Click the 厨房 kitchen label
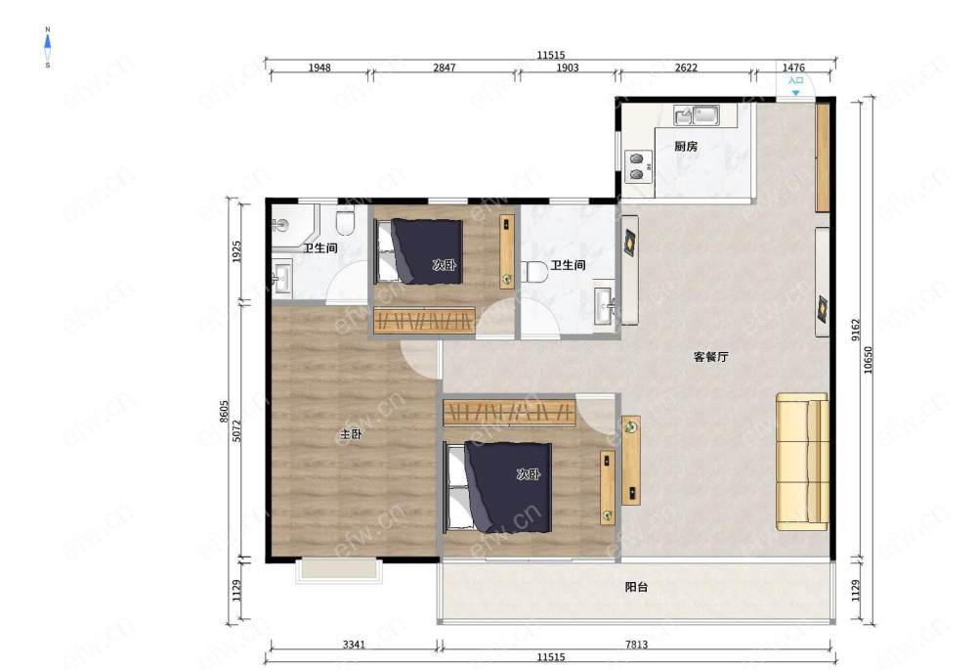[686, 147]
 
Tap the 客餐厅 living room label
[711, 357]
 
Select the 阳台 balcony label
[636, 587]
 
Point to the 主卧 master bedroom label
[351, 434]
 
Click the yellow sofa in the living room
[802, 462]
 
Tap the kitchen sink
[697, 114]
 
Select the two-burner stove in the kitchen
[637, 166]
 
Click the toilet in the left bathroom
[345, 222]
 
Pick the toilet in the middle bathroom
[534, 272]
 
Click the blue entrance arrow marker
[795, 93]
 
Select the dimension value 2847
[445, 67]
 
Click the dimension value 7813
[636, 645]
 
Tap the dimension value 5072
[236, 430]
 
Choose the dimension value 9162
[856, 330]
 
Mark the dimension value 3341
[354, 645]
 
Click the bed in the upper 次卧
[420, 251]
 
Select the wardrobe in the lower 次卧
[509, 412]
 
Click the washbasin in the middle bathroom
[605, 306]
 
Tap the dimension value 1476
[793, 67]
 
